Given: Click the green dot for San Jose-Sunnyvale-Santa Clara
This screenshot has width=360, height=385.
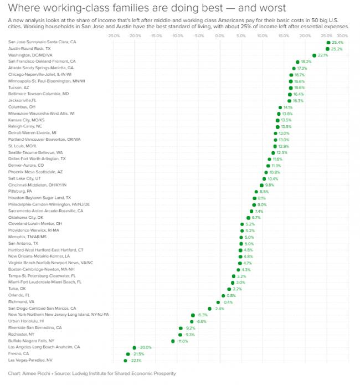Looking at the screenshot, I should pyautogui.click(x=328, y=42).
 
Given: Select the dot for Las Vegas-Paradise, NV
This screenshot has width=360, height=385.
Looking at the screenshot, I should pyautogui.click(x=125, y=360).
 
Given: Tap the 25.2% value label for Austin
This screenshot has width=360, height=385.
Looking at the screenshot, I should pyautogui.click(x=337, y=49).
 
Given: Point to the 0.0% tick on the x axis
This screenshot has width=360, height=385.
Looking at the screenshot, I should pyautogui.click(x=220, y=36).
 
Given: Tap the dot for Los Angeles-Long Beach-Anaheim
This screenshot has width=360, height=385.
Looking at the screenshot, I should pyautogui.click(x=134, y=347).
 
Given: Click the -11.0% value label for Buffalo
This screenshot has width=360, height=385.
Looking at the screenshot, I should pyautogui.click(x=183, y=341).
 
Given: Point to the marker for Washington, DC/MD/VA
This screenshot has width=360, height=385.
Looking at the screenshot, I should pyautogui.click(x=314, y=55).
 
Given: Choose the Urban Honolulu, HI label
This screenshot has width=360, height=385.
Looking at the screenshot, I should pyautogui.click(x=27, y=321).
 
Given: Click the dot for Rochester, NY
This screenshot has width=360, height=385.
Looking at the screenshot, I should pyautogui.click(x=180, y=334).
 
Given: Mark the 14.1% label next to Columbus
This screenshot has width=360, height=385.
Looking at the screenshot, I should pyautogui.click(x=288, y=107).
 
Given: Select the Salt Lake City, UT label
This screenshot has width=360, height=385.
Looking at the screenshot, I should pyautogui.click(x=25, y=178).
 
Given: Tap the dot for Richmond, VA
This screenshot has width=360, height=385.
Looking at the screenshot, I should pyautogui.click(x=218, y=302).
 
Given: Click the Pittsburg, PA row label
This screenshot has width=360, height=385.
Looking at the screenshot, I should pyautogui.click(x=20, y=191).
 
